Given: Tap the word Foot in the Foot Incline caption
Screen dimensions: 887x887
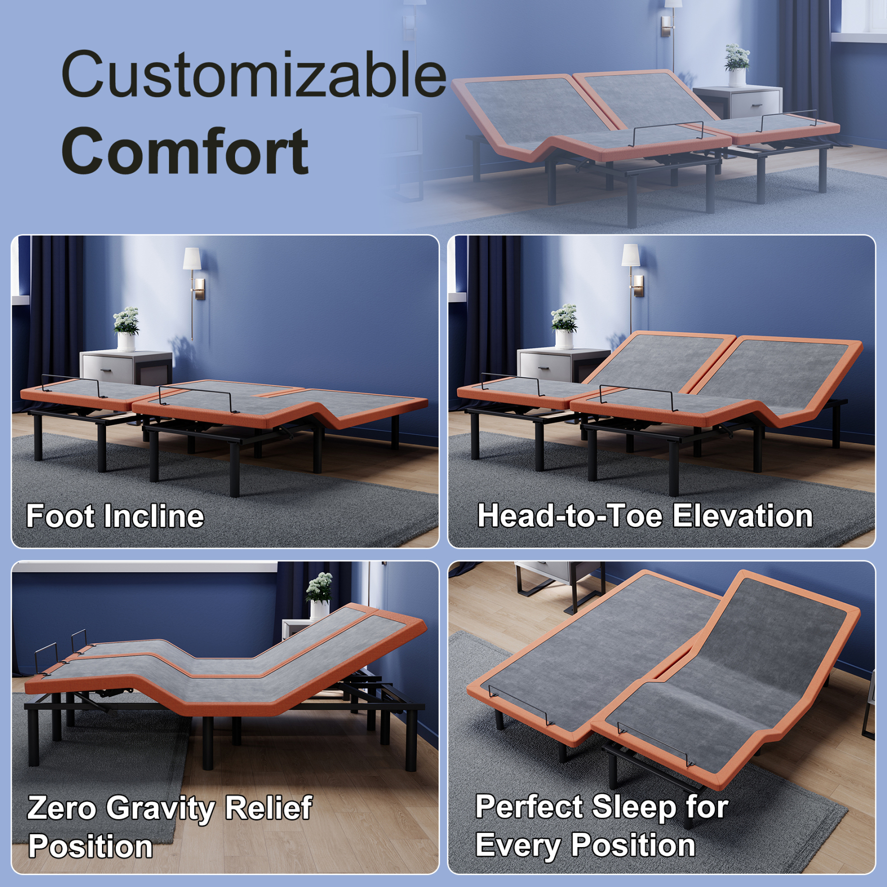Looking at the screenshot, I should [x=60, y=516].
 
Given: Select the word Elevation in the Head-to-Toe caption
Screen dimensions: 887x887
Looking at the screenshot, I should [x=743, y=516].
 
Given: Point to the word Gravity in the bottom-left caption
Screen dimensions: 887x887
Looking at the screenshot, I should [x=161, y=809].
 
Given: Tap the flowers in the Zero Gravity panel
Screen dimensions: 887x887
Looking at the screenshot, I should [x=319, y=586].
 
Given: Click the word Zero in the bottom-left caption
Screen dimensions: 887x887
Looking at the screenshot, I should [x=62, y=809].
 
